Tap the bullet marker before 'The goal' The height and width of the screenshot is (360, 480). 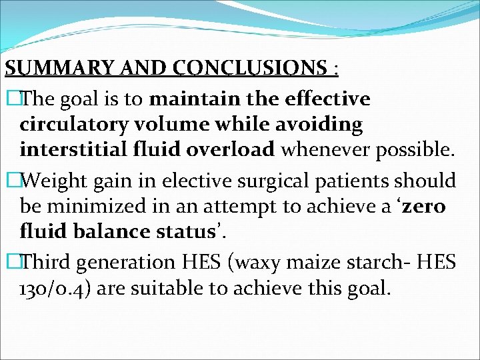[x=10, y=99]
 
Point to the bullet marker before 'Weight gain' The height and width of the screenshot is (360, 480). [x=10, y=180]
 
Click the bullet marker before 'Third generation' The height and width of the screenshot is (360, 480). [x=10, y=262]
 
